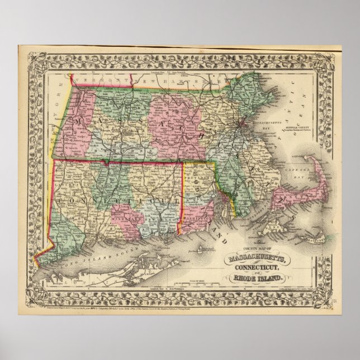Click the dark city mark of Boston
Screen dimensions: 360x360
(x=242, y=124)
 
